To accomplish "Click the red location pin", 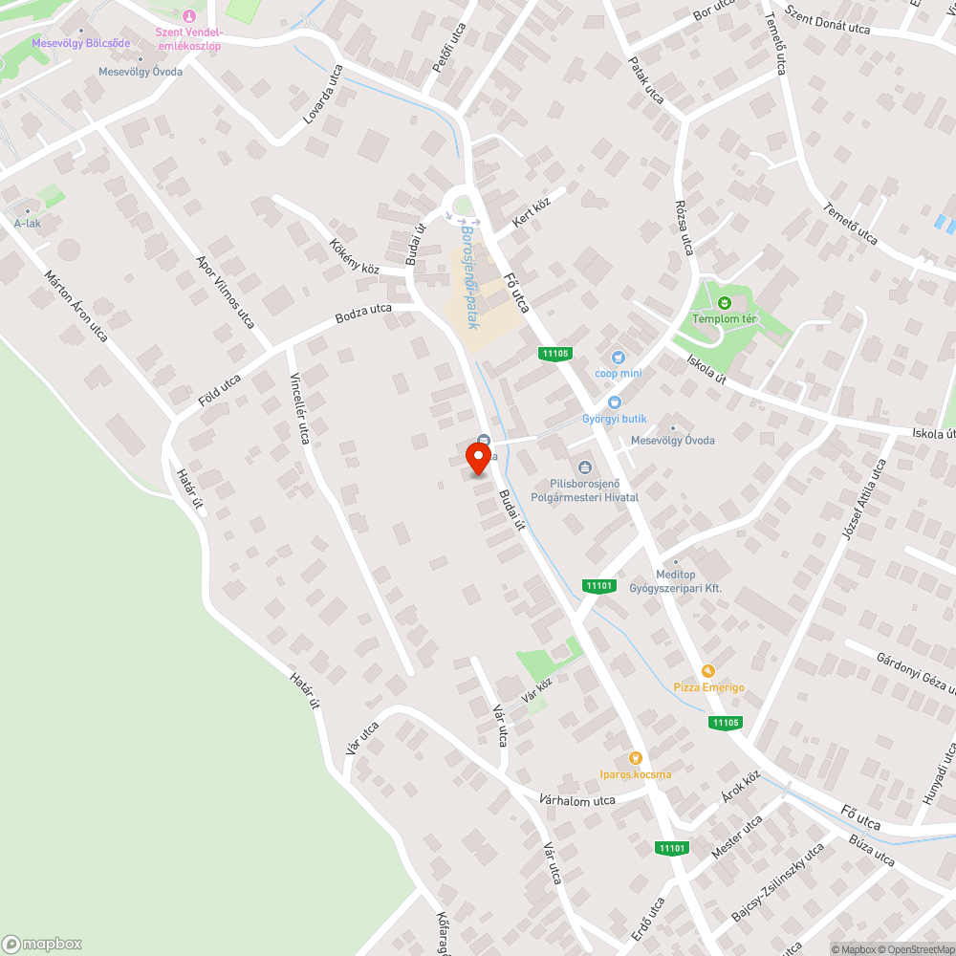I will [x=478, y=459].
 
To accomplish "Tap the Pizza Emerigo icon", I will [x=707, y=672].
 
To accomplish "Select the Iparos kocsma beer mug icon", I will [x=635, y=758].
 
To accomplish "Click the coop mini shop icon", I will [x=619, y=358].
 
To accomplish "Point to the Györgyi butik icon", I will [x=614, y=403].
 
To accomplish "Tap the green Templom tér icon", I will [x=724, y=303].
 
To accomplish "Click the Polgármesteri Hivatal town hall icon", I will [x=583, y=467].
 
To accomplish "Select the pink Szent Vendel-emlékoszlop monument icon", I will [x=188, y=15].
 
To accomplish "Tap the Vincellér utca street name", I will [x=299, y=407].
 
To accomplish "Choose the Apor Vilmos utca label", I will [x=226, y=292].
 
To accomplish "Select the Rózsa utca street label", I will [x=684, y=228].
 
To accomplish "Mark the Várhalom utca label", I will [x=576, y=799].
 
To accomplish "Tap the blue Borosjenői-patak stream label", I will [x=468, y=277].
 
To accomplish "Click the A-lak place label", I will [x=27, y=224].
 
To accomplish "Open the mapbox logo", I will [x=43, y=944].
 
